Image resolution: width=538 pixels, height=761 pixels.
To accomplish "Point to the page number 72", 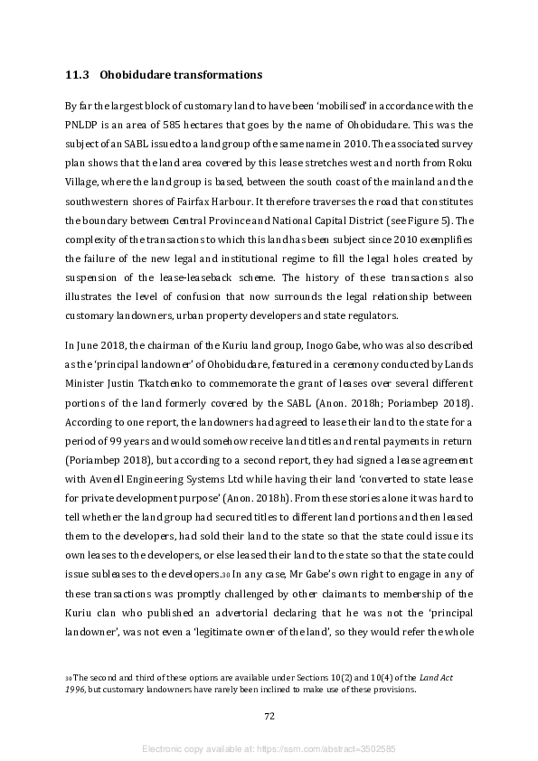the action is (x=269, y=716).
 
